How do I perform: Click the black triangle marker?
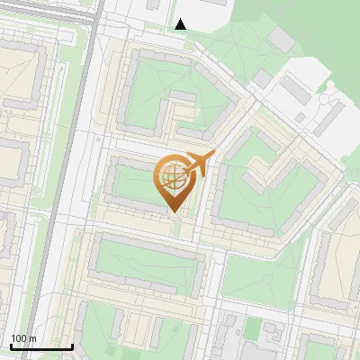pos(181,24)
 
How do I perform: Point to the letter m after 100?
pos(32,338)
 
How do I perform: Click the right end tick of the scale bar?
pos(72,346)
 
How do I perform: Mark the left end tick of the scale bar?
pos(11,346)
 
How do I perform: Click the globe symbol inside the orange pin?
pos(173,177)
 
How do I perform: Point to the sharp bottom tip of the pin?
pos(173,212)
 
